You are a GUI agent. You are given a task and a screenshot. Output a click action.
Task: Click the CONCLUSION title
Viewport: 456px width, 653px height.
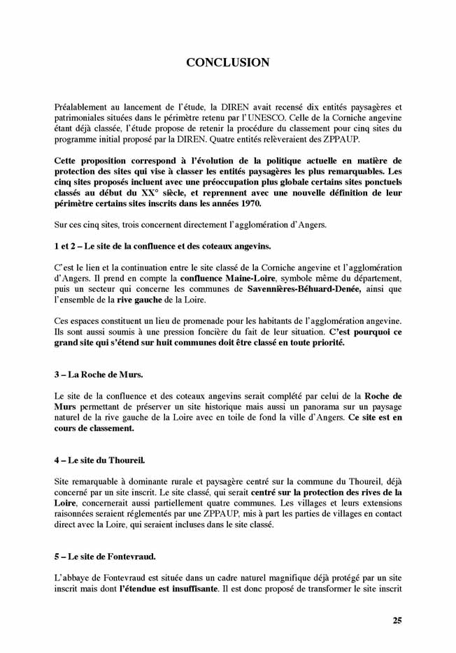(x=227, y=63)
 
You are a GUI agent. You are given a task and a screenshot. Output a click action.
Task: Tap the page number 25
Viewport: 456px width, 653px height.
(x=397, y=620)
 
